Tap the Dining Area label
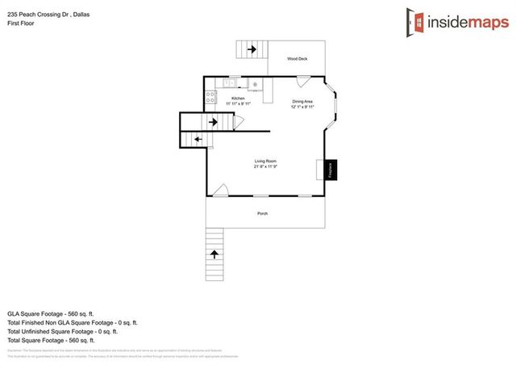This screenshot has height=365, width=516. coord(303,102)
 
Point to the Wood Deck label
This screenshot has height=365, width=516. coord(298,58)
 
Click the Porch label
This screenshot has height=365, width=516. coord(262,213)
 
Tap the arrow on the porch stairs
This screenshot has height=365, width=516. coord(214,254)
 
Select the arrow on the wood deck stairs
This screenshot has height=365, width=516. coord(252,50)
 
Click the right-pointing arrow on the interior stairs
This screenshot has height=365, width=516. coord(214,122)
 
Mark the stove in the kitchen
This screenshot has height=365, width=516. coord(210,97)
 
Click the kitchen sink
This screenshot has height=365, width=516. coord(230,82)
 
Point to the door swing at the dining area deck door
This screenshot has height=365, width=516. coord(302,81)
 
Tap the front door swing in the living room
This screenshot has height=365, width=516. coord(220,191)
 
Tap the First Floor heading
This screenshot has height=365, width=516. coord(20,23)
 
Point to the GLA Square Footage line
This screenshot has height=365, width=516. coord(51,313)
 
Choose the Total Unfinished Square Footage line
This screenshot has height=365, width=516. coord(62,331)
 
